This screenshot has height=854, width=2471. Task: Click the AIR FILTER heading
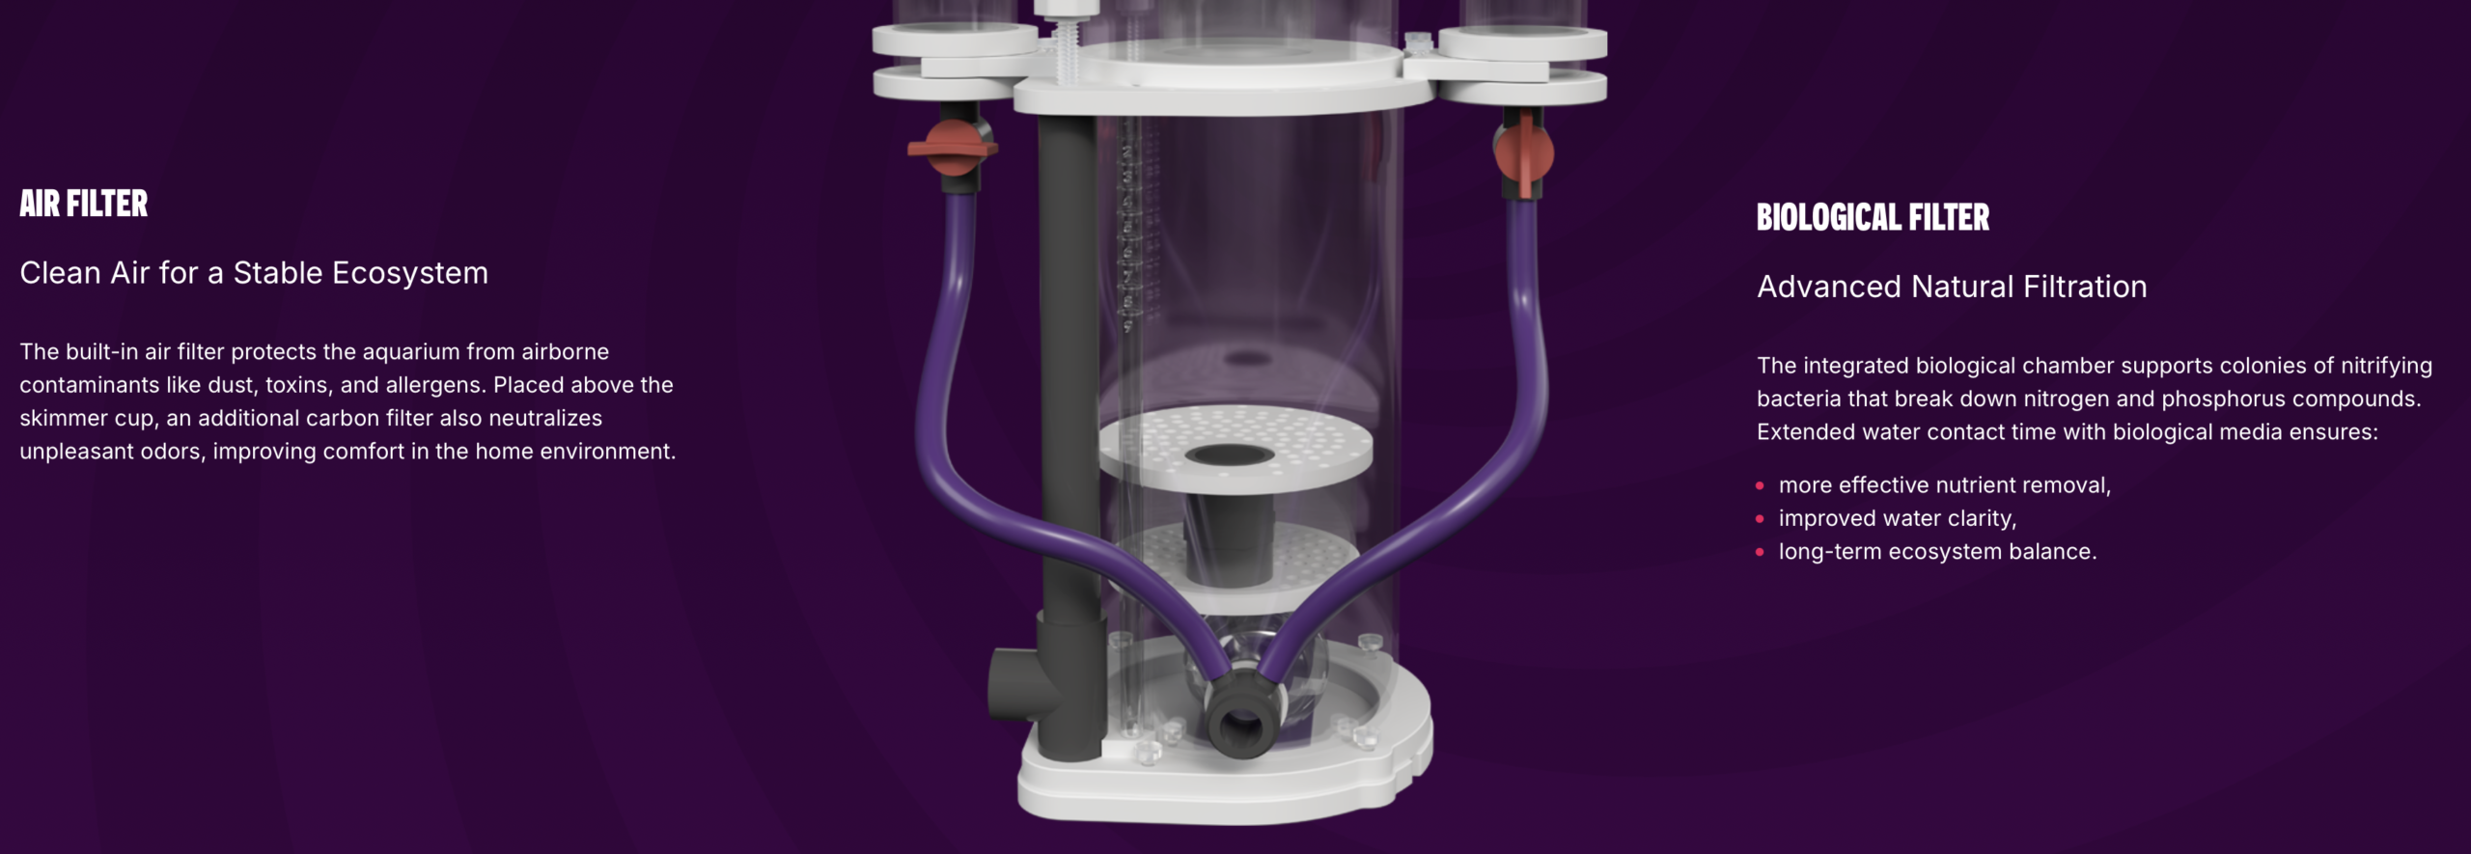point(84,204)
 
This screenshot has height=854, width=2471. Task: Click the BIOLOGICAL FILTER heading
point(1873,217)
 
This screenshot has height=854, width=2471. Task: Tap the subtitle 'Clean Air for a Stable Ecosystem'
point(254,273)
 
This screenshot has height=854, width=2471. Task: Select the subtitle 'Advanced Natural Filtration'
point(1952,287)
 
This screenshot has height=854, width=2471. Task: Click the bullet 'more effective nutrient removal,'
point(1945,485)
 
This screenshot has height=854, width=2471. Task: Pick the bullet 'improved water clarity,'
point(1898,518)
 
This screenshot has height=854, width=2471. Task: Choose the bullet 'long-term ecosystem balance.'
point(1938,552)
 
